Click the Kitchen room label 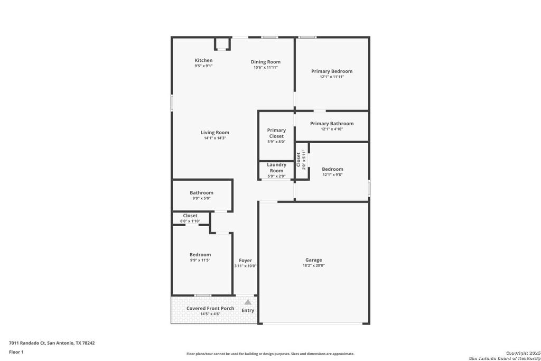click(203, 60)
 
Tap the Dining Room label click(265, 62)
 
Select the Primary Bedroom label click(331, 71)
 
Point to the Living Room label click(214, 133)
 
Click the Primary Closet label click(276, 133)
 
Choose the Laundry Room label click(276, 168)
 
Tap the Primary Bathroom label click(331, 124)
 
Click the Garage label click(313, 260)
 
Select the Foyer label click(245, 260)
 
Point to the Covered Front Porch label click(210, 308)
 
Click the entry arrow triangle click(247, 302)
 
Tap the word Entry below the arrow click(248, 310)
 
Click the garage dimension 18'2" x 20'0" click(313, 266)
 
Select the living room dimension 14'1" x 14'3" click(214, 138)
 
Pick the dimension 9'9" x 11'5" click(200, 260)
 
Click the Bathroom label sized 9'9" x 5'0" click(201, 193)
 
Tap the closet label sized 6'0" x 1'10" click(190, 216)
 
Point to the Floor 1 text click(16, 351)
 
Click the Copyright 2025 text click(520, 353)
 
